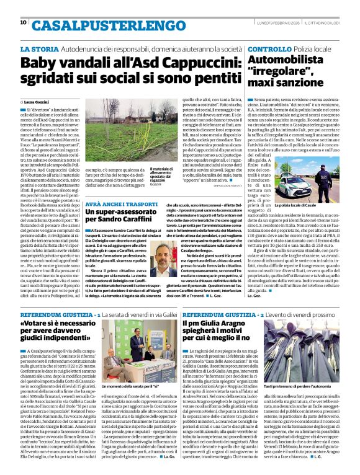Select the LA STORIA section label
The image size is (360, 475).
(39, 48)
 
